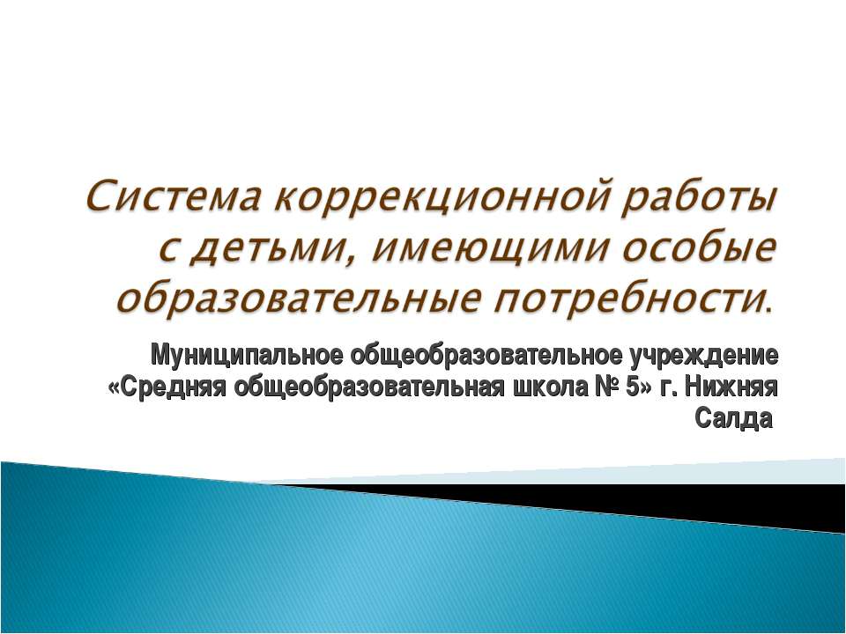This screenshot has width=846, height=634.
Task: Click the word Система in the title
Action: [173, 197]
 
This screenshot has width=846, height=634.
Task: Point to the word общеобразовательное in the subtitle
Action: [486, 355]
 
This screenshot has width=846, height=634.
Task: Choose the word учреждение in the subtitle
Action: [703, 357]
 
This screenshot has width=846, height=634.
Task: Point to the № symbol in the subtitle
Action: [605, 387]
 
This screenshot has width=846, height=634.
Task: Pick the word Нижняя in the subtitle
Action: [731, 387]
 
